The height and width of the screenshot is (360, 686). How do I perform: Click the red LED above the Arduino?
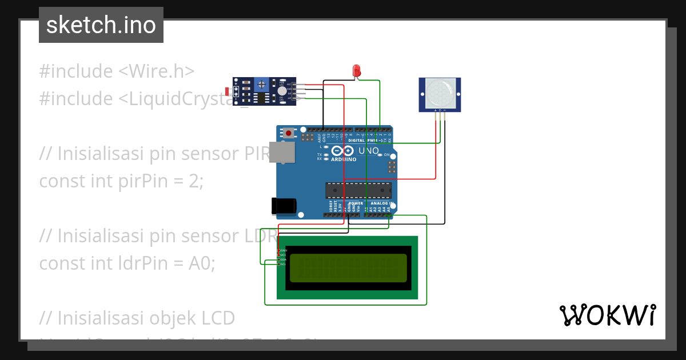[x=357, y=71]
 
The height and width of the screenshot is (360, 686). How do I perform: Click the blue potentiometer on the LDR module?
[x=262, y=85]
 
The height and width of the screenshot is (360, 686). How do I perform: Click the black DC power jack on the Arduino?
[x=284, y=206]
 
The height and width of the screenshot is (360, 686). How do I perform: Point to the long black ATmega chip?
[x=358, y=190]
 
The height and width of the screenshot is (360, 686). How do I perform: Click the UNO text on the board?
[x=368, y=151]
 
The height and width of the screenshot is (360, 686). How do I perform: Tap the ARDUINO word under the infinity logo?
[x=344, y=159]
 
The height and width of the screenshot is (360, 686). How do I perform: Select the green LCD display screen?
[x=348, y=268]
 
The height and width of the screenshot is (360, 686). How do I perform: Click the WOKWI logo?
[x=607, y=315]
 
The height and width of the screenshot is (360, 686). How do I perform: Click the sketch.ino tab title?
[x=101, y=25]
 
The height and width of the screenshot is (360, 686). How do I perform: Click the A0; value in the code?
[x=201, y=263]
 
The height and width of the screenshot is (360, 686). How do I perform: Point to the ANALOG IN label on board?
[x=380, y=203]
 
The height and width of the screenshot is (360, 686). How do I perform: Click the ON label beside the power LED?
[x=387, y=155]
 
